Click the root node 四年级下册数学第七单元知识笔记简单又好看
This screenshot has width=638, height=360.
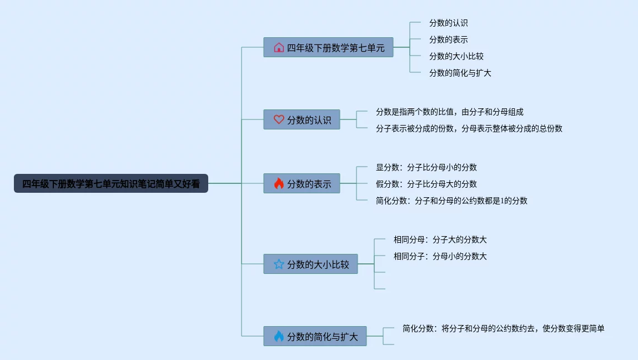(111, 184)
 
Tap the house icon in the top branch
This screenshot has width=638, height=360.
(279, 48)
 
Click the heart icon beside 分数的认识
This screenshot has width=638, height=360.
(279, 119)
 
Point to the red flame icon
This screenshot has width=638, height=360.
(279, 183)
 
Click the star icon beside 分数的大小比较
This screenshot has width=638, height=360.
(279, 264)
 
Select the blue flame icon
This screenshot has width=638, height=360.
(279, 336)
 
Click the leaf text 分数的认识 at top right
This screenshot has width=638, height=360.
(448, 23)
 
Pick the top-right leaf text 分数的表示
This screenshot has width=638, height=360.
(448, 40)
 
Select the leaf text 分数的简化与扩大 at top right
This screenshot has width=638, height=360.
(460, 73)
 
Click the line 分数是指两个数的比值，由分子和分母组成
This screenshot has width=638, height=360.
(449, 112)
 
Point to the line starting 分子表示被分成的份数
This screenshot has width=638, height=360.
(469, 129)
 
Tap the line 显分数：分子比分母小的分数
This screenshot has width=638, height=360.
(426, 168)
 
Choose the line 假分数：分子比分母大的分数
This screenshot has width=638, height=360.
(426, 184)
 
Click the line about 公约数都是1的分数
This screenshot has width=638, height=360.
(451, 201)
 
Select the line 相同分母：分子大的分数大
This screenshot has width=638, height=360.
(440, 240)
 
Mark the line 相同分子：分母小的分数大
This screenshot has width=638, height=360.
(440, 257)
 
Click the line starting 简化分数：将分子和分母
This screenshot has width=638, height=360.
(503, 329)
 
